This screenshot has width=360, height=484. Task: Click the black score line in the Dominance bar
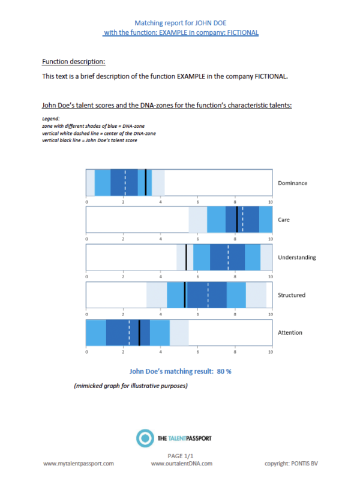point(146,182)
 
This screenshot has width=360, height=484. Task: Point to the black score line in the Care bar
point(237,220)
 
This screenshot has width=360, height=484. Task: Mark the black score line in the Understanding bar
point(186,257)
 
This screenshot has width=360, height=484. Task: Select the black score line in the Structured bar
point(184,294)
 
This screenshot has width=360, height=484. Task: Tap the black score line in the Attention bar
point(139,332)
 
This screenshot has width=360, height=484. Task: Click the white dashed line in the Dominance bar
point(125,182)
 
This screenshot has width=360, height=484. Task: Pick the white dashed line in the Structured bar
point(208,294)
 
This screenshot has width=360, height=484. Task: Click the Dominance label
point(292,183)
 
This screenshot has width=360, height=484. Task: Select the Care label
point(284,220)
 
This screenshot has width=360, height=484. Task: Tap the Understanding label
point(297,258)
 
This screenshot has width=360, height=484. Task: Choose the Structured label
point(292,295)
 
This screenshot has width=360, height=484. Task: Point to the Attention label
point(290,333)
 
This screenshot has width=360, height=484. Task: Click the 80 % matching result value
point(224,371)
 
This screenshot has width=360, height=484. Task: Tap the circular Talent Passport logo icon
point(145,439)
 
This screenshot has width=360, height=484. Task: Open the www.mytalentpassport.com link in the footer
point(78,464)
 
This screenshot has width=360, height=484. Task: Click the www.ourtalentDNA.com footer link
point(181,464)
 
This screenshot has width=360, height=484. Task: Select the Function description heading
point(73,62)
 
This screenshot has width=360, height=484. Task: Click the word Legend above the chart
point(50,119)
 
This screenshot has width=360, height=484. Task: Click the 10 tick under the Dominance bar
point(271,202)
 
